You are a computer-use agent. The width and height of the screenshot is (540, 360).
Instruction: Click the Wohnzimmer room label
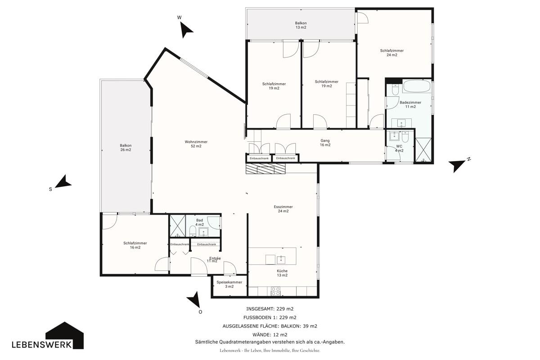[196, 144]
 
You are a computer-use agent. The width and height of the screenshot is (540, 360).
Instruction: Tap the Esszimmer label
[283, 209]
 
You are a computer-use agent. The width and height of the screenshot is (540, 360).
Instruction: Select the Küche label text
[282, 273]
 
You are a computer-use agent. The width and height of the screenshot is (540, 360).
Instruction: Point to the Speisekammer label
[229, 284]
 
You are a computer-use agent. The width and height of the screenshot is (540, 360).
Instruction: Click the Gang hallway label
[325, 143]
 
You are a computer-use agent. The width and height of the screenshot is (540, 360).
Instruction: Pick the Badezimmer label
[410, 104]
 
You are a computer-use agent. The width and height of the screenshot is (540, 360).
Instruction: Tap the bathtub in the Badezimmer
[417, 86]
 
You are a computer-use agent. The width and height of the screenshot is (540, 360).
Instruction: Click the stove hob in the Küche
[276, 291]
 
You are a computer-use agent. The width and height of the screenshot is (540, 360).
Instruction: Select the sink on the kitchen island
[281, 260]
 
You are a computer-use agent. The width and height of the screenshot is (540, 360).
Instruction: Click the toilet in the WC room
[405, 137]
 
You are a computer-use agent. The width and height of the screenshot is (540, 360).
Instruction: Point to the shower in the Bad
[178, 226]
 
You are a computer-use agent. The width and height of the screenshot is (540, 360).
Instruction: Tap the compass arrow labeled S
[64, 182]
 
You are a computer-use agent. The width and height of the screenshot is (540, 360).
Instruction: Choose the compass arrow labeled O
[193, 300]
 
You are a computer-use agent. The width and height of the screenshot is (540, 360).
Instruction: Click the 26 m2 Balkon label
[126, 148]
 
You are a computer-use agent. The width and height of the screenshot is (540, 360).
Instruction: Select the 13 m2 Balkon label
[301, 25]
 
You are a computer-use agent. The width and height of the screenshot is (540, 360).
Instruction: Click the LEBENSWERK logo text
[42, 345]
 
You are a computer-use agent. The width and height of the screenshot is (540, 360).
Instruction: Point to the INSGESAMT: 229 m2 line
[270, 309]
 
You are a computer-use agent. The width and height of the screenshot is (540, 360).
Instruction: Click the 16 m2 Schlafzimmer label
[135, 245]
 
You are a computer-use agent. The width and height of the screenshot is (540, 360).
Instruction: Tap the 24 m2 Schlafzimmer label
[392, 53]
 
